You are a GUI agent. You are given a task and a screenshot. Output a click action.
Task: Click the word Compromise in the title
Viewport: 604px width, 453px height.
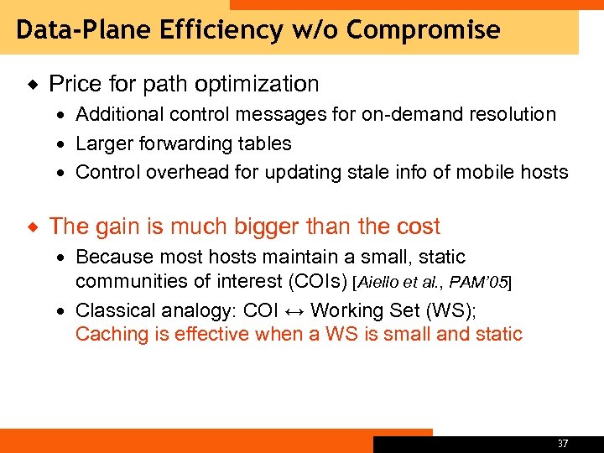point(423,31)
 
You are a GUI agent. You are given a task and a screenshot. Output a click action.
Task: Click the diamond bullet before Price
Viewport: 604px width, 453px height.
point(34,84)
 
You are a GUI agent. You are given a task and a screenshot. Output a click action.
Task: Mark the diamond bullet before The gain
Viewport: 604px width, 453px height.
point(34,226)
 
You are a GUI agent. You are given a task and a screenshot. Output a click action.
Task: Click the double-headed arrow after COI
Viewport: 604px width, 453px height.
point(295,310)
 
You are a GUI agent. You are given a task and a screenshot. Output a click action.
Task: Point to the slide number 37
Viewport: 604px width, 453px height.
point(562,443)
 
